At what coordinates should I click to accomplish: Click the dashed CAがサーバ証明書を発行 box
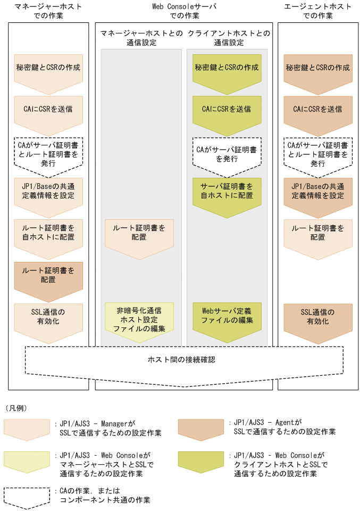227,154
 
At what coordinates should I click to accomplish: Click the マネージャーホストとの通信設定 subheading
140,38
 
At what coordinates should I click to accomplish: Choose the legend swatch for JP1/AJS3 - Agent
200,428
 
